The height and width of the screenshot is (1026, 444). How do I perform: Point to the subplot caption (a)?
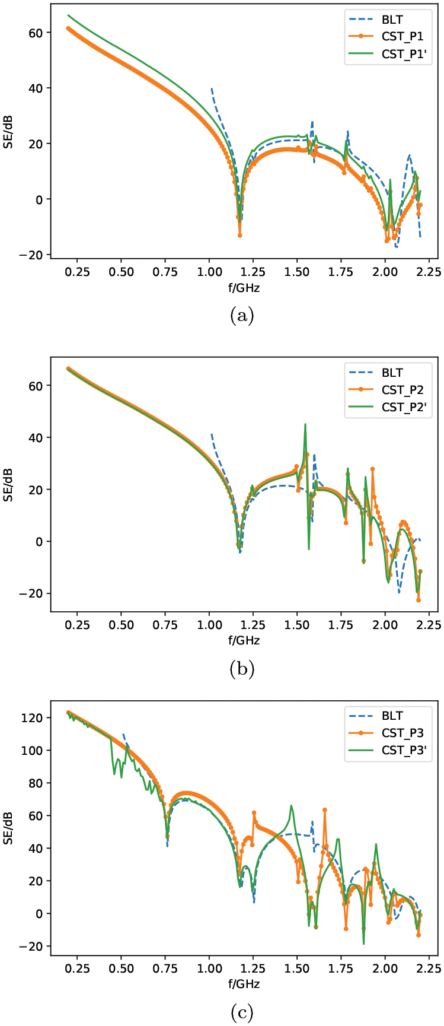click(241, 316)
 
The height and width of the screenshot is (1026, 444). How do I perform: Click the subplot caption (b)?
click(241, 669)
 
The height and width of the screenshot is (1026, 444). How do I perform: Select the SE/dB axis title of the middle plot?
click(8, 485)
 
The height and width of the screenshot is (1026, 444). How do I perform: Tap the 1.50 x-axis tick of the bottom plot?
click(297, 969)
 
